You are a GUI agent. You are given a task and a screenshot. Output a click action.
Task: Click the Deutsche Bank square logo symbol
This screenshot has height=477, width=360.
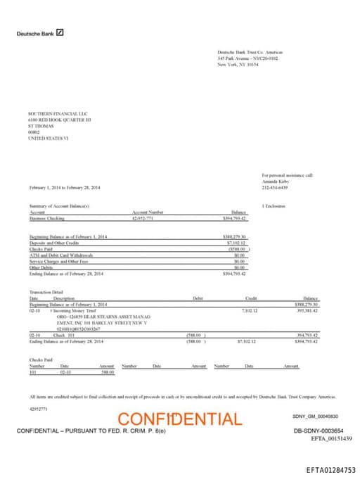(60, 32)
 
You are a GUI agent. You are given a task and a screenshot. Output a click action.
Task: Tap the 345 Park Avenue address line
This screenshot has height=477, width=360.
(247, 58)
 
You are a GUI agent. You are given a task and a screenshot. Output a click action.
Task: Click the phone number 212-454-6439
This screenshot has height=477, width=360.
(275, 187)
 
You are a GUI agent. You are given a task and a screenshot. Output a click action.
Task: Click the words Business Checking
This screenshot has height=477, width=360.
(46, 218)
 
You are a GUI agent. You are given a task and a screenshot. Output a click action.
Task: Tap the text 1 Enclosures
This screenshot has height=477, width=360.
(274, 205)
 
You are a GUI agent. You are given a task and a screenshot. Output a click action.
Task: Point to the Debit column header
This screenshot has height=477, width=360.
(198, 298)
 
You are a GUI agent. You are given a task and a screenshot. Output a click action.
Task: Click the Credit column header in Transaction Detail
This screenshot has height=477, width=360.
(250, 298)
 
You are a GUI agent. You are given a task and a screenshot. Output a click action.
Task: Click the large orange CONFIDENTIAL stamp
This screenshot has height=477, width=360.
(179, 419)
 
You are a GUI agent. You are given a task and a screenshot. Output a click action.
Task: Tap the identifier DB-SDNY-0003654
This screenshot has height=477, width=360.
(319, 430)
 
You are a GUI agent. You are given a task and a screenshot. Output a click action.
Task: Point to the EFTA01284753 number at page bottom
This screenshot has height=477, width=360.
(330, 469)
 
